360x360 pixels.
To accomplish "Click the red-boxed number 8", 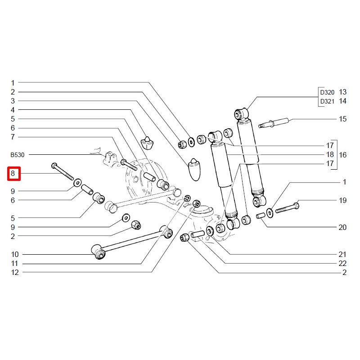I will point(13,173).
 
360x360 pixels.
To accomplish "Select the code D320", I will point(327,92).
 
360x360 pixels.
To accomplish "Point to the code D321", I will point(327,101).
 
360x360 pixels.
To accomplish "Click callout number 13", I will point(343,92).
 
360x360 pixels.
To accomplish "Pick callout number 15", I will point(343,119).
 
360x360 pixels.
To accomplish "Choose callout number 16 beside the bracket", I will point(343,155).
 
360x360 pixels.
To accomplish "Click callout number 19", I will point(343,200).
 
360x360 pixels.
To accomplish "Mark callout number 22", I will point(343,263).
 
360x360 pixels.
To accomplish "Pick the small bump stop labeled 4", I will point(147,143).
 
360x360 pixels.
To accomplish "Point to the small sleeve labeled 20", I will point(260,217).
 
